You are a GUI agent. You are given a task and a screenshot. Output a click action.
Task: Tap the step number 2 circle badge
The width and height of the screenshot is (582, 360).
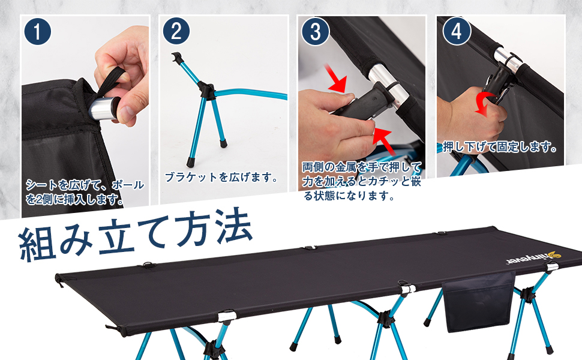click(176, 32)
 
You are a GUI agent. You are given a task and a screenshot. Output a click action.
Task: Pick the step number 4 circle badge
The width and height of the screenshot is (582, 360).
click(456, 32)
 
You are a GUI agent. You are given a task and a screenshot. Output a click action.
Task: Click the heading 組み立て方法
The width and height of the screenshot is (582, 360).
click(135, 236)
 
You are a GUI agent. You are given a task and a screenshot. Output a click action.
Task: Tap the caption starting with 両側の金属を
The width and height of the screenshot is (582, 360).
click(362, 180)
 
